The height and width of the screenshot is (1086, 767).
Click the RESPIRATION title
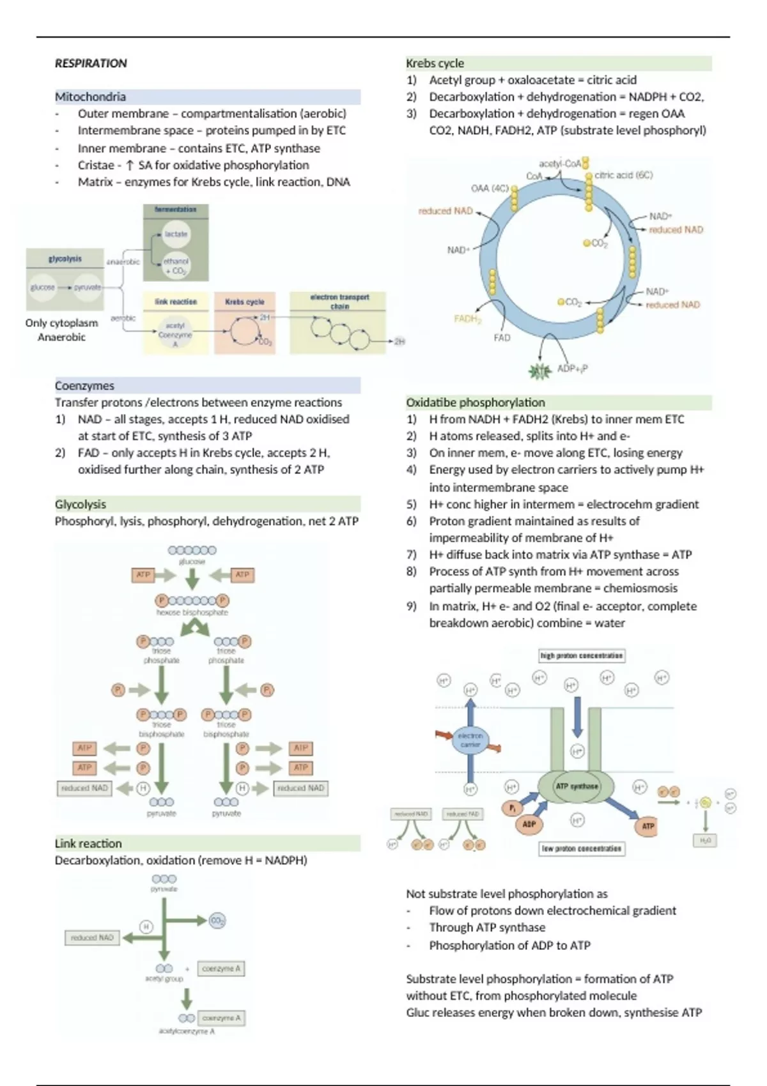pos(91,63)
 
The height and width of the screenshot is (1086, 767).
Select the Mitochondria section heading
pos(90,97)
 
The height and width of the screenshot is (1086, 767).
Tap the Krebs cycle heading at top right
pos(435,63)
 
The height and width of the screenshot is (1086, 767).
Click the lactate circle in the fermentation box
pos(176,234)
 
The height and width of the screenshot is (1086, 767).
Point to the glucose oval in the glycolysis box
pos(43,287)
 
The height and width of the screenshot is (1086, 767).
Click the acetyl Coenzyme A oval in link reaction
pos(175,334)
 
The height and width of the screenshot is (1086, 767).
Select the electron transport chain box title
pos(339,301)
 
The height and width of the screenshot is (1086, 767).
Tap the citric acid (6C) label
pos(623,175)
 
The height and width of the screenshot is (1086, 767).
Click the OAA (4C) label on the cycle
pos(489,188)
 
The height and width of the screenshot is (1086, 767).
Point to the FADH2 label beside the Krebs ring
pos(467,318)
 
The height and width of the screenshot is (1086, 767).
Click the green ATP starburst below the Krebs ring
pos(541,371)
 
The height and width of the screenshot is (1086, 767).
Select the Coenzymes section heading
pos(84,386)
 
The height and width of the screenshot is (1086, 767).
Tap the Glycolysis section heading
pos(81,504)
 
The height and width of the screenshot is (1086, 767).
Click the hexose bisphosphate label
pos(192,612)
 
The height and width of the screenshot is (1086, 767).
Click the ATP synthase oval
pos(576,786)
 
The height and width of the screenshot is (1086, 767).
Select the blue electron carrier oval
pos(470,740)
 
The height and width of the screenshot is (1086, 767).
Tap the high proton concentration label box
pos(582,655)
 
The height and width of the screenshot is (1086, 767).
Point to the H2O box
pos(705,841)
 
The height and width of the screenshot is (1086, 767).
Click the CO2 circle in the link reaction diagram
pos(217,921)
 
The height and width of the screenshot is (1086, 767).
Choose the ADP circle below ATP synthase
pos(529,824)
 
